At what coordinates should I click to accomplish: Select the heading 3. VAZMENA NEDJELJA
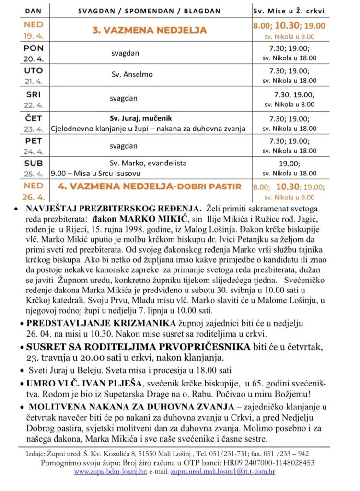pos(150,30)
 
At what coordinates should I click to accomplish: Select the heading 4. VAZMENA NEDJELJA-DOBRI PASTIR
pos(150,186)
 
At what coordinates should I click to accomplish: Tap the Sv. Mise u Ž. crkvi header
pos(289,11)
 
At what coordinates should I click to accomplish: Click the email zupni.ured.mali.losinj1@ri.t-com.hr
pos(225,472)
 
